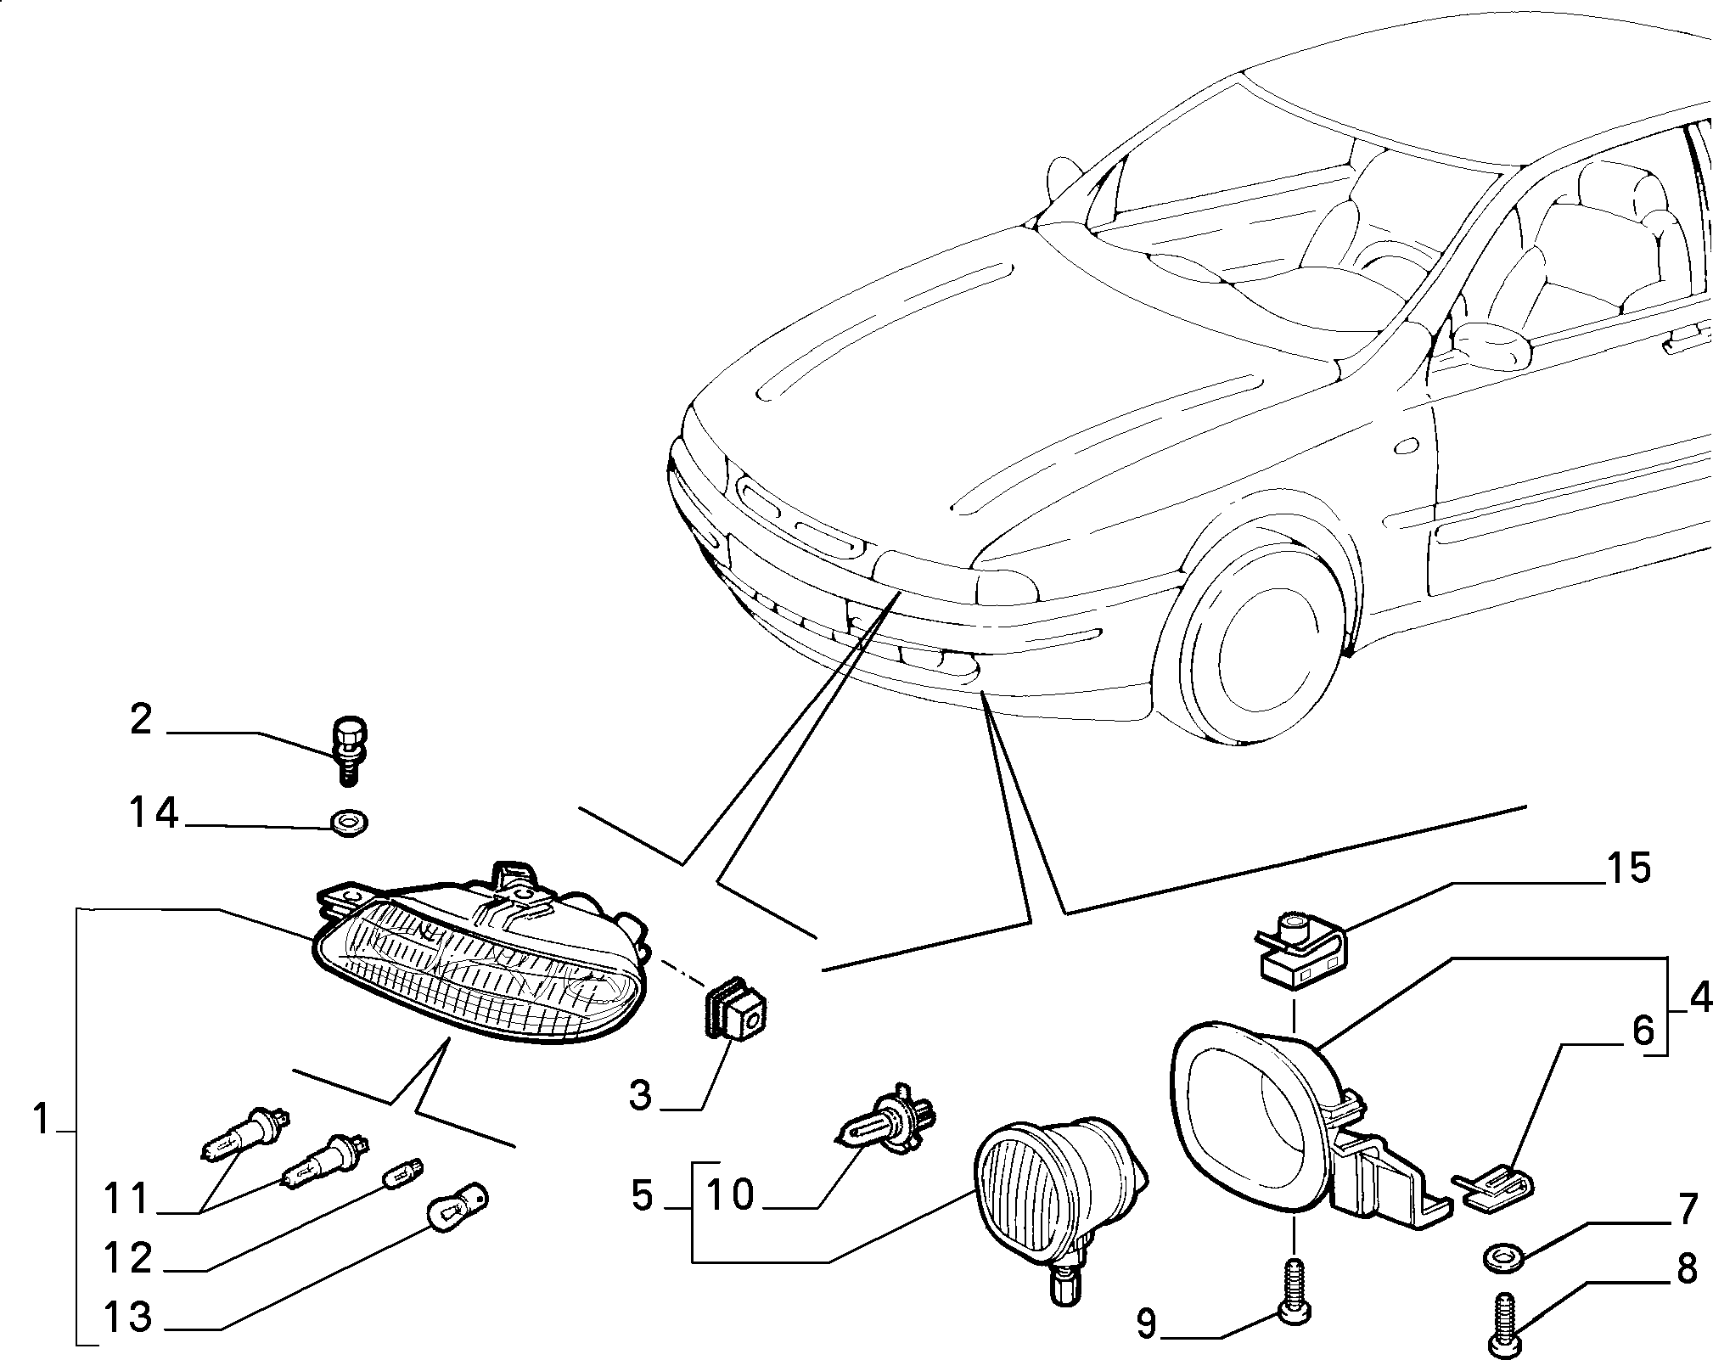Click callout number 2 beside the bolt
tap(141, 721)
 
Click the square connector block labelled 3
tap(736, 1012)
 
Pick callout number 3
tap(641, 1095)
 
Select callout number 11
tap(127, 1200)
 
